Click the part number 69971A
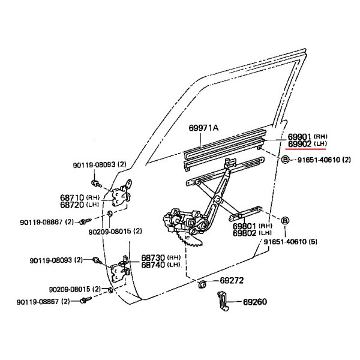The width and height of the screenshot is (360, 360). point(203,128)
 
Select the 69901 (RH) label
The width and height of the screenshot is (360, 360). point(307,137)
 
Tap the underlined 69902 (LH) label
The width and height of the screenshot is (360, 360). point(307,144)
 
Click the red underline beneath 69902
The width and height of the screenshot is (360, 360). point(305,149)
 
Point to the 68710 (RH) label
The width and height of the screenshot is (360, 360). point(80,197)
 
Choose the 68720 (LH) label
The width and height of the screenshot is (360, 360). point(79,205)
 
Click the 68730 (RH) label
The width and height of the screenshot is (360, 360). point(161,257)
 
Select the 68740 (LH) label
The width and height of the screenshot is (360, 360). point(160,265)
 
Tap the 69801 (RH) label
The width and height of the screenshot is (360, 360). point(253,226)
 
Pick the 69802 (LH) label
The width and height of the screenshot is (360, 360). point(252,233)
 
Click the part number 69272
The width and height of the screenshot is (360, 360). point(232,280)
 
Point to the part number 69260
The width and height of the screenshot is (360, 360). point(255,302)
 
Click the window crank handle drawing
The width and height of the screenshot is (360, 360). point(223,301)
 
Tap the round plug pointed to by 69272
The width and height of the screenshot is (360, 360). point(202,284)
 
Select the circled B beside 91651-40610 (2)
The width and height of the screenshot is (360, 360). point(285,160)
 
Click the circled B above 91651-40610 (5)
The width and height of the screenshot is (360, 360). point(285,221)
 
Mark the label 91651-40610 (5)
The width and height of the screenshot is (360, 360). point(290,242)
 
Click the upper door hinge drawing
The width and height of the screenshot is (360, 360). point(122,193)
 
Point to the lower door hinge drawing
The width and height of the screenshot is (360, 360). point(121,269)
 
